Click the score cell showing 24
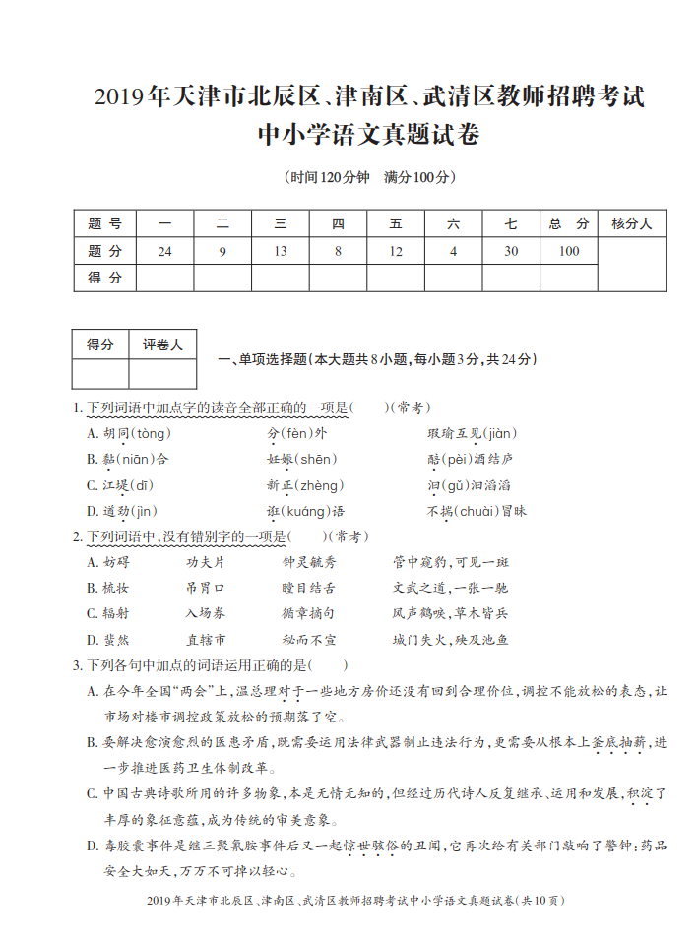[164, 252]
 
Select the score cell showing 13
[281, 252]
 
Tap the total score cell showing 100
[569, 252]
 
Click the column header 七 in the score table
[511, 224]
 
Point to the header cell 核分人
[631, 224]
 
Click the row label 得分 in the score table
[104, 279]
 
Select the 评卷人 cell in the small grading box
[162, 345]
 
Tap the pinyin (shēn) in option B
[317, 459]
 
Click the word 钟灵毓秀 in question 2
[309, 562]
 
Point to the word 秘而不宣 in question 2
[309, 639]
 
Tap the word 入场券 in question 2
[206, 613]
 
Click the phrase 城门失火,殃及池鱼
[450, 639]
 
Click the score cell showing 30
[511, 252]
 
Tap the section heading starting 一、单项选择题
[376, 360]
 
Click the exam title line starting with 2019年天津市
[369, 97]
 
